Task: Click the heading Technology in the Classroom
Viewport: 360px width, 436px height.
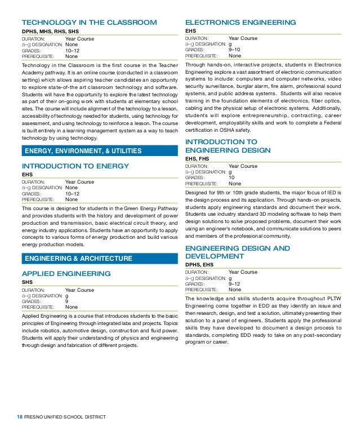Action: point(88,23)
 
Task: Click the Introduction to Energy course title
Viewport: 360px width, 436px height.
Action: point(75,166)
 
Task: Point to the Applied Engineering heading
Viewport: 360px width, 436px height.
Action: point(66,273)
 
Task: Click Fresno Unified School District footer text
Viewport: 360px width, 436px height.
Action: point(65,417)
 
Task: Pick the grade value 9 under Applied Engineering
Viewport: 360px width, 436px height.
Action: point(67,301)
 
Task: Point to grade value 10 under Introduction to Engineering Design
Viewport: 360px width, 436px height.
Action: point(232,177)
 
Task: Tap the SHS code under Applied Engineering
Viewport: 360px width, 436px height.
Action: point(27,282)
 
